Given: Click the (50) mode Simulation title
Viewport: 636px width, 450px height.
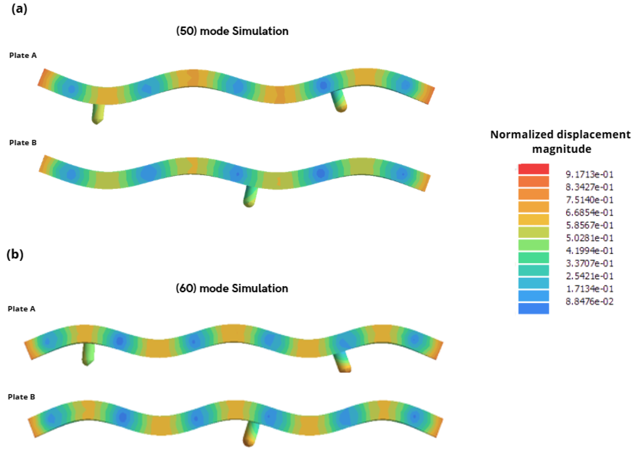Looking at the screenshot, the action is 232,31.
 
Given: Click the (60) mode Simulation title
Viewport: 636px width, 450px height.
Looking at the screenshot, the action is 232,289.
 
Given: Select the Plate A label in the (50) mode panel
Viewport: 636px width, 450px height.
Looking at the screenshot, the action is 23,55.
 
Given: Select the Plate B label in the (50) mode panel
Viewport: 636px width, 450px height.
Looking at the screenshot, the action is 23,143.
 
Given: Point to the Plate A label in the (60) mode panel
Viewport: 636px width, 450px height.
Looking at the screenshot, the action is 22,309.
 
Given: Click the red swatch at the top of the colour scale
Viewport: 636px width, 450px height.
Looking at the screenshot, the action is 533,169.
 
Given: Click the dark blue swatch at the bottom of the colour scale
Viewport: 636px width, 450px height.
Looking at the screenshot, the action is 533,309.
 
